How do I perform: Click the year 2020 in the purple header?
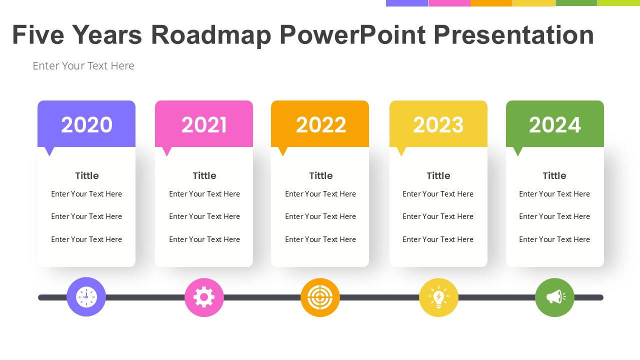coord(86,125)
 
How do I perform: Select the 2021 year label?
coord(204,125)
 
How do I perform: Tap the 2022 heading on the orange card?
coord(321,125)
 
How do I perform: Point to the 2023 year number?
coord(438,125)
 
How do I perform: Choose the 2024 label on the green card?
coord(555,125)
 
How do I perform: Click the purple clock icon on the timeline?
coord(86,297)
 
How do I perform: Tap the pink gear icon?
coord(204,297)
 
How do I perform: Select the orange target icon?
coord(320,297)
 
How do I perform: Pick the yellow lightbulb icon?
coord(438,297)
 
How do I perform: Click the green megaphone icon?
coord(555,297)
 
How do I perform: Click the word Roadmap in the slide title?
coord(211,35)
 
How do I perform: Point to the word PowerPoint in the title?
coord(352,35)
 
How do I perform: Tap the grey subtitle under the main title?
coord(83,65)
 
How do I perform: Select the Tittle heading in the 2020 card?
coord(87,175)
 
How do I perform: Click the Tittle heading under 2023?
coord(438,175)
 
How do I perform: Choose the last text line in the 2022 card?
coord(320,239)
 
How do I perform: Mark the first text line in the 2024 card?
coord(554,193)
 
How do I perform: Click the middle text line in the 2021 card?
coord(204,216)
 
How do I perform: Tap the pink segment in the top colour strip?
coord(449,3)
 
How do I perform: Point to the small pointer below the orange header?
coord(283,151)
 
